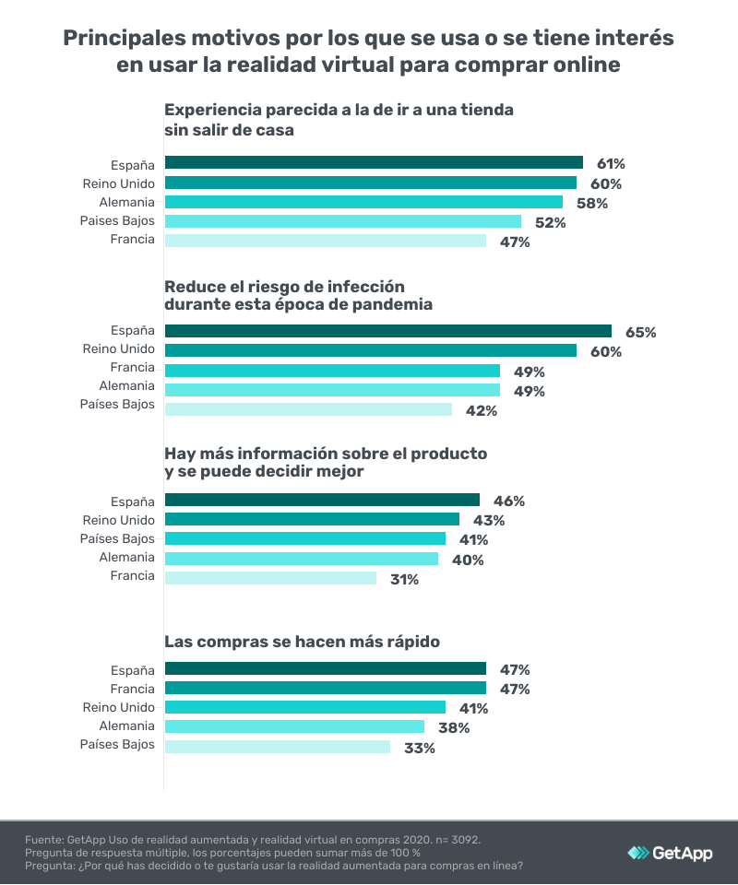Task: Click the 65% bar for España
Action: click(387, 331)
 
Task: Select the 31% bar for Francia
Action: click(270, 578)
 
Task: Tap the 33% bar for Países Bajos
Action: click(277, 747)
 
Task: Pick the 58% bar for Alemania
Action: click(363, 202)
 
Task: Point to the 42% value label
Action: click(480, 411)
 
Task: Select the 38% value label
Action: click(452, 728)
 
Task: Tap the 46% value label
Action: click(507, 501)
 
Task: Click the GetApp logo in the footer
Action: click(670, 853)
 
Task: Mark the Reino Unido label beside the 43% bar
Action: click(119, 520)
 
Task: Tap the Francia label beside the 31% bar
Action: click(133, 577)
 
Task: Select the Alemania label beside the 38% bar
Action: click(127, 726)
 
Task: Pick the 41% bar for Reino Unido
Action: click(304, 708)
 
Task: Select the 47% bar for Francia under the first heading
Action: click(325, 241)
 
